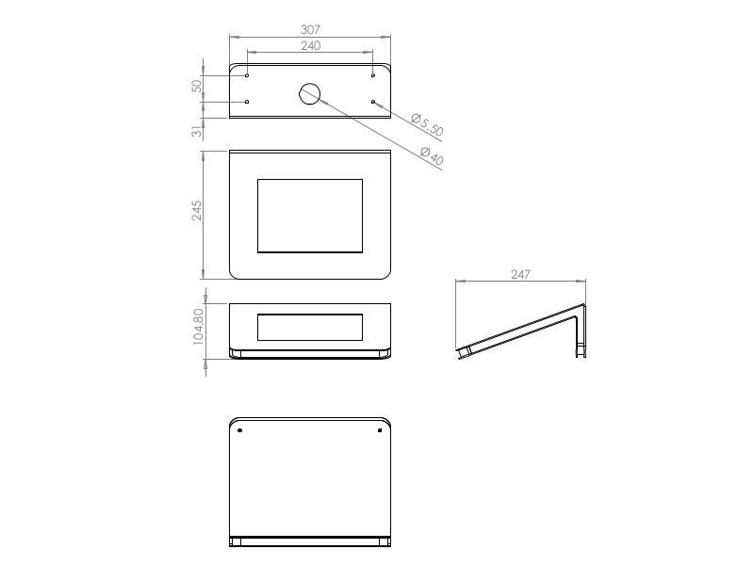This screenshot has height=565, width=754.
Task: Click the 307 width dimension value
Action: pyautogui.click(x=310, y=29)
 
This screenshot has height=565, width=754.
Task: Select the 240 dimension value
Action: pyautogui.click(x=310, y=45)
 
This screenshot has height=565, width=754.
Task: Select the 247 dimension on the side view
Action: pyautogui.click(x=520, y=274)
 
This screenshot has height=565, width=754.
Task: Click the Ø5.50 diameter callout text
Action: pyautogui.click(x=427, y=125)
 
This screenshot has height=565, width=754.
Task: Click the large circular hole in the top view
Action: pyautogui.click(x=310, y=92)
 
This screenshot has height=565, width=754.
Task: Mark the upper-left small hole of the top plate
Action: pyautogui.click(x=247, y=75)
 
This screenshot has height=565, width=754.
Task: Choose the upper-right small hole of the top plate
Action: pyautogui.click(x=373, y=75)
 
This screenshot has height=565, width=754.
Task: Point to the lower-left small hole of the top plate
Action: pyautogui.click(x=247, y=102)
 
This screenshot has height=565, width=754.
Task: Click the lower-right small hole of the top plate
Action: pyautogui.click(x=373, y=102)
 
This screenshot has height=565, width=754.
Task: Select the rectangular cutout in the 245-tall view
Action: pyautogui.click(x=310, y=216)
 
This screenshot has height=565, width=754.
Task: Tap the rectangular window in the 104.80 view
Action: pyautogui.click(x=310, y=327)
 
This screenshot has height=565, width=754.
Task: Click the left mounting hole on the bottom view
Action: pyautogui.click(x=240, y=430)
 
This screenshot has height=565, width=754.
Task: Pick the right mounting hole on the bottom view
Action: pyautogui.click(x=380, y=430)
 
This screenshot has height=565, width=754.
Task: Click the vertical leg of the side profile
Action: pyautogui.click(x=582, y=331)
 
